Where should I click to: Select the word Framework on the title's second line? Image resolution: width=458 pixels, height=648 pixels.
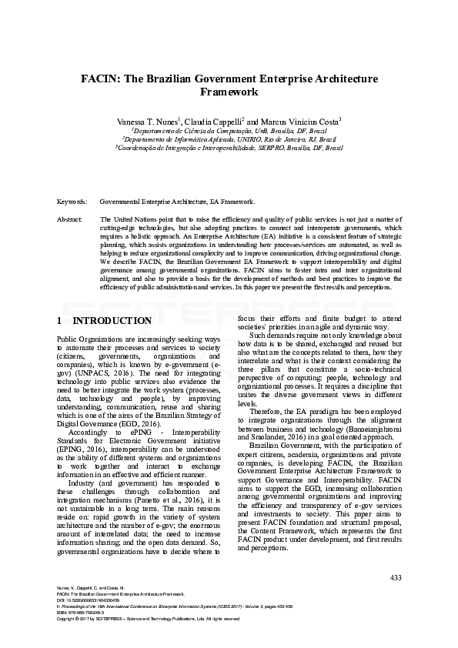229,92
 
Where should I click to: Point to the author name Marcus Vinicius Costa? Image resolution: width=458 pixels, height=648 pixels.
301,122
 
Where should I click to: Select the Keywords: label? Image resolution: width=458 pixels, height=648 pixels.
72,202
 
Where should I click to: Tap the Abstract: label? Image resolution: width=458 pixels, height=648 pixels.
70,219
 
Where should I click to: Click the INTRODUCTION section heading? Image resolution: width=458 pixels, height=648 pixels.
112,320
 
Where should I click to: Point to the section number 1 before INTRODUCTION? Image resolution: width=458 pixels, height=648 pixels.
60,320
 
